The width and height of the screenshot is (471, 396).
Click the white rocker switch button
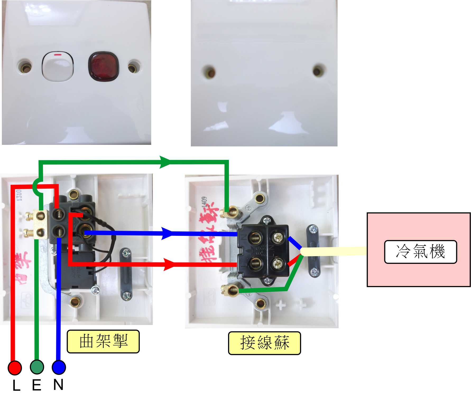pos(58,66)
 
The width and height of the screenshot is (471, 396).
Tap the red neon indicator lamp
pos(103,66)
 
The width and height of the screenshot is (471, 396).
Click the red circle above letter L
pos(15,368)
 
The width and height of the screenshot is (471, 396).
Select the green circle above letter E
pos(37,367)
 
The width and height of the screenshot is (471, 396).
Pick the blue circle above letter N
pos(59,367)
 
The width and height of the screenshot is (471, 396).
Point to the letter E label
pos(37,385)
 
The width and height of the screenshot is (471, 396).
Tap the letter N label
pos(58,385)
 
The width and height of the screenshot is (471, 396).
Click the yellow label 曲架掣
pos(103,341)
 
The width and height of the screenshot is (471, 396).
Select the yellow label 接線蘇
pos(264,343)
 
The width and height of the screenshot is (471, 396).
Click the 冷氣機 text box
pos(420,252)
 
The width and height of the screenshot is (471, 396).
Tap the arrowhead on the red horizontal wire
pos(169,264)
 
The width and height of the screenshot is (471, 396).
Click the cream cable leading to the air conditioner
pos(333,251)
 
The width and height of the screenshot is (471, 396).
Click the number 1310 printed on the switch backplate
pos(19,195)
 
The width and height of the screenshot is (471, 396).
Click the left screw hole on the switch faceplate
pos(25,68)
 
